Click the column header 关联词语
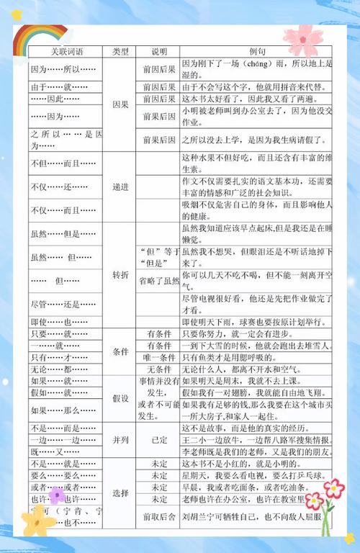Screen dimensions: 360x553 coord(65,52)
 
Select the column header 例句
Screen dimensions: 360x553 coord(256,52)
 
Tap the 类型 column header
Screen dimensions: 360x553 coord(120,52)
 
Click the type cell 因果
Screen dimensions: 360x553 coord(120,104)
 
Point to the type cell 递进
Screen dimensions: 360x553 coord(120,186)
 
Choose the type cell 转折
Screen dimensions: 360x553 coord(120,275)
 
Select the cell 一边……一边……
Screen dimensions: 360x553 coord(65,440)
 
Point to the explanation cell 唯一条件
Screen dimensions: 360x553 coord(159,357)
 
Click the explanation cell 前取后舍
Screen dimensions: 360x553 coord(159,516)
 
